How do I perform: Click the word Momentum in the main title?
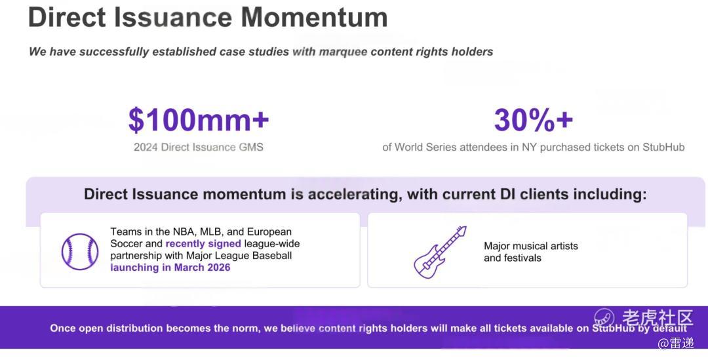point(314,17)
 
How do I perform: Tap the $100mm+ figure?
point(199,120)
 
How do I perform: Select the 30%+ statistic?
point(533,120)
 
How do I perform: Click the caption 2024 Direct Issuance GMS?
point(198,148)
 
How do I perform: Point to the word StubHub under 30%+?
point(663,148)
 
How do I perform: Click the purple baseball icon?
point(80,252)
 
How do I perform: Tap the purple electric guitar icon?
point(441,252)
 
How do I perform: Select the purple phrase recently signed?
point(203,244)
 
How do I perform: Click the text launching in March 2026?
point(170,268)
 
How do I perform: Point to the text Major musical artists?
point(531,246)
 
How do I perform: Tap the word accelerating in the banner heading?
point(355,195)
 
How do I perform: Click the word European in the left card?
point(269,231)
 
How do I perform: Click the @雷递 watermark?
point(675,344)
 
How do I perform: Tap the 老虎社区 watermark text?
point(658,318)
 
